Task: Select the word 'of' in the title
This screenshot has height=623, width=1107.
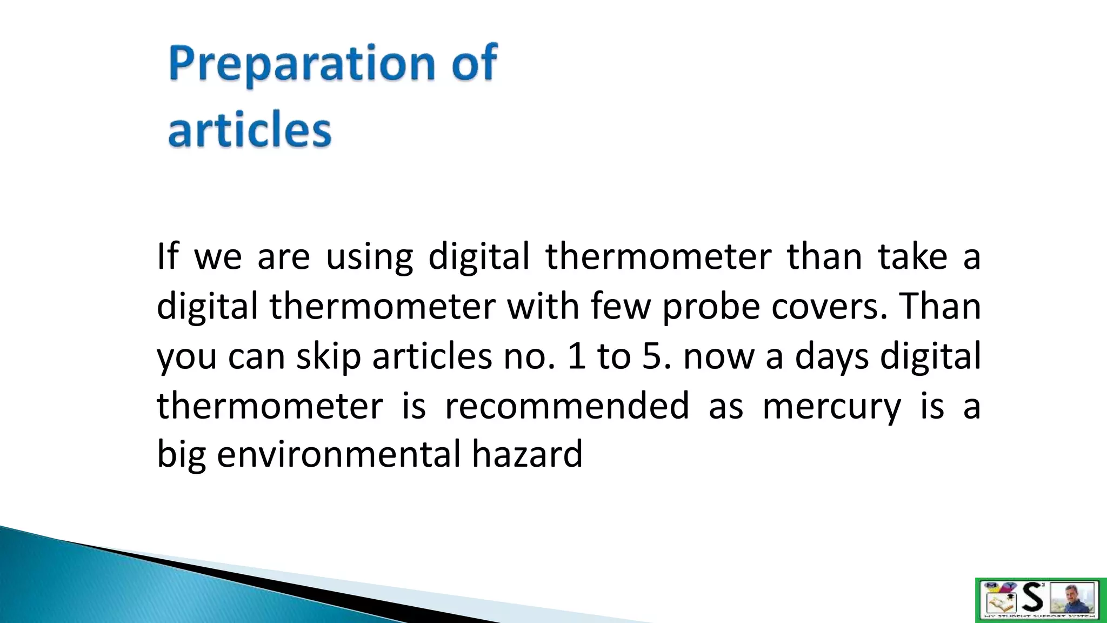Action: click(474, 63)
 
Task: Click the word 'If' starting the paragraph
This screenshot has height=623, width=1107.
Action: click(167, 256)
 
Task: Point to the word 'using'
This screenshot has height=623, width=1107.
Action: click(369, 257)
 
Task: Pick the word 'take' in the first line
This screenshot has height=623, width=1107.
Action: click(912, 256)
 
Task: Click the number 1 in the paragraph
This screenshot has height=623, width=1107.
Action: click(577, 357)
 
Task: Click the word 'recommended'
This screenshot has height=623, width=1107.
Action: click(566, 406)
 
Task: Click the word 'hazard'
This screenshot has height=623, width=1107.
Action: click(527, 454)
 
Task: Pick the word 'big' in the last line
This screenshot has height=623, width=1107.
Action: click(181, 455)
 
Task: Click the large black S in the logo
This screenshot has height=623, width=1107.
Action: click(1033, 598)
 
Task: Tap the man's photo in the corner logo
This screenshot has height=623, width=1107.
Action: click(1072, 598)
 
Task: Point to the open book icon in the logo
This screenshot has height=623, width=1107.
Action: click(998, 601)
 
